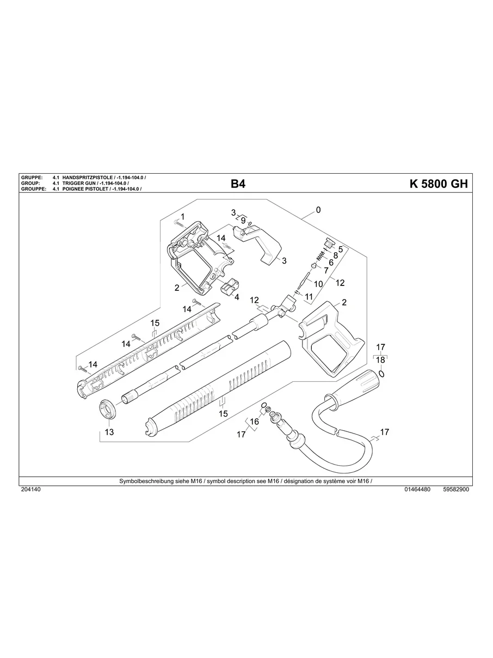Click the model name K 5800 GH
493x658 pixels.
(438, 184)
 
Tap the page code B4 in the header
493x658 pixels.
(238, 184)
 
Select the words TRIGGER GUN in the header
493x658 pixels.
(81, 184)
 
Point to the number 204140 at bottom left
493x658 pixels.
(30, 490)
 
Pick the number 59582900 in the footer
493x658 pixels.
(456, 490)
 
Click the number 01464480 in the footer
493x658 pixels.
(417, 490)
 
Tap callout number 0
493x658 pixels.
(318, 210)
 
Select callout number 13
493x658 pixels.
(109, 432)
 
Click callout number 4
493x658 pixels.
(237, 297)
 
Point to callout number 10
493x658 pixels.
(318, 284)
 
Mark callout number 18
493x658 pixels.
(380, 360)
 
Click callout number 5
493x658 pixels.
(340, 249)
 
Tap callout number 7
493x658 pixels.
(326, 270)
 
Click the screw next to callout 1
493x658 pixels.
(175, 222)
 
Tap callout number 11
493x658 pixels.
(309, 297)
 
